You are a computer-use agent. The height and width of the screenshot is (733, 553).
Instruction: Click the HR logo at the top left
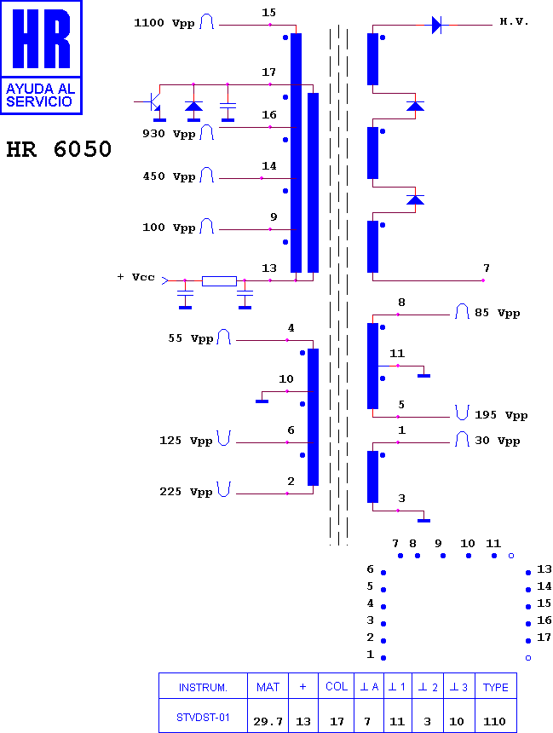click(41, 57)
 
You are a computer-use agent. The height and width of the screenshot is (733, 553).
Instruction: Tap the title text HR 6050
click(59, 149)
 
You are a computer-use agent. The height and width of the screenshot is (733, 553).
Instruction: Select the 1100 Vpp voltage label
click(164, 23)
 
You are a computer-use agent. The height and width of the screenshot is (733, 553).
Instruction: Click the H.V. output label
click(514, 21)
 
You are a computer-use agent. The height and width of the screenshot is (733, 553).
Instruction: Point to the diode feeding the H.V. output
click(436, 25)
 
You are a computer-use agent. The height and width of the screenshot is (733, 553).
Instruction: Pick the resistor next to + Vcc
click(219, 281)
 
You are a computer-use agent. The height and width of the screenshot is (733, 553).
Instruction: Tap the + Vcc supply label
click(135, 277)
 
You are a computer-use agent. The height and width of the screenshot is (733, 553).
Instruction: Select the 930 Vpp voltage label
click(169, 134)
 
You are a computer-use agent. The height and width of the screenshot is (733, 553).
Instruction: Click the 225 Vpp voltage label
click(186, 492)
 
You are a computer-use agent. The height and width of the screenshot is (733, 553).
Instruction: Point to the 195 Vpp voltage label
click(501, 415)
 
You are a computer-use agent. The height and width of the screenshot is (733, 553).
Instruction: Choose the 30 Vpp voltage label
click(498, 441)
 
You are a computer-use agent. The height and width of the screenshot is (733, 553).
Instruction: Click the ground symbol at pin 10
click(262, 401)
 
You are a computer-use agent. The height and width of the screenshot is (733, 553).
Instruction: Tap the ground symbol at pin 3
click(424, 520)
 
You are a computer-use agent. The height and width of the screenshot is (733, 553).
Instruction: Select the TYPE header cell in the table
click(496, 686)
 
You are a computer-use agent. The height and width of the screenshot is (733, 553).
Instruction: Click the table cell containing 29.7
click(268, 716)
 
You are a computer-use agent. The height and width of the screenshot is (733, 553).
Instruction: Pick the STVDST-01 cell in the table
click(203, 716)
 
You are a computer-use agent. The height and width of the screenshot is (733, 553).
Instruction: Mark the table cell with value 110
click(496, 716)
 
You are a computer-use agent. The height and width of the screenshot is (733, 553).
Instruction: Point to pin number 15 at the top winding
click(268, 13)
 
